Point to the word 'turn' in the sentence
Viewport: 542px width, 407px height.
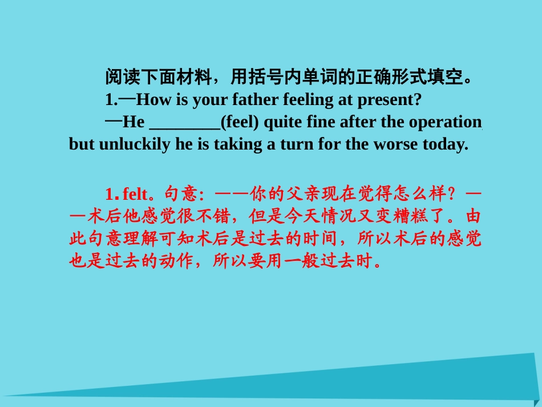294,144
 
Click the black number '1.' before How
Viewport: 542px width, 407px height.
111,100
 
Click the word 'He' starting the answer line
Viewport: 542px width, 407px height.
134,122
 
